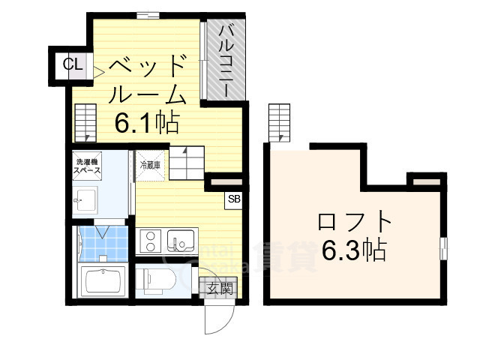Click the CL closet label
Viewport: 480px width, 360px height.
tap(73, 64)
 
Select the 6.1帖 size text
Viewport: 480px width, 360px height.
tap(146, 121)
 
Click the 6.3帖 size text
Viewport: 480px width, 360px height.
tap(354, 248)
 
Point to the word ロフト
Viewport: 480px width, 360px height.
tap(355, 223)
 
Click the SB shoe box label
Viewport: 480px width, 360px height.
tap(234, 199)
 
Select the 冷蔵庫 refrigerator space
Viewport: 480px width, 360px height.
tap(148, 163)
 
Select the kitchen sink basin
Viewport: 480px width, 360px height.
tap(181, 241)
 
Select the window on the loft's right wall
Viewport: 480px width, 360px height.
tap(443, 247)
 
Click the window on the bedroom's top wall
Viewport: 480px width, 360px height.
tap(148, 13)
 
